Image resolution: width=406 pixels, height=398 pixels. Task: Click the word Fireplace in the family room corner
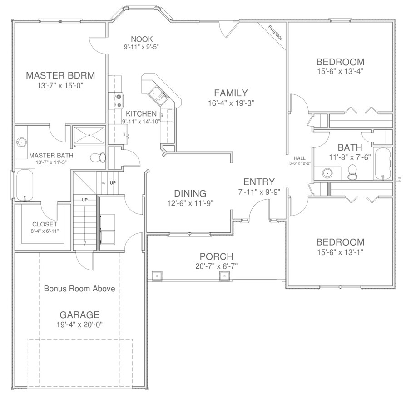tap(275, 33)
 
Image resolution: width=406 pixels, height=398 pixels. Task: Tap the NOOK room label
tap(141, 39)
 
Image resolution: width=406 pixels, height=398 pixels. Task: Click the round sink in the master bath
tap(21, 142)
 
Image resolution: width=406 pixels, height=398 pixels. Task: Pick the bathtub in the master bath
tap(24, 185)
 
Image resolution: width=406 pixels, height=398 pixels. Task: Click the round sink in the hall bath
tap(327, 173)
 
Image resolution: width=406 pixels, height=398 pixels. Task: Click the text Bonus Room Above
tap(79, 289)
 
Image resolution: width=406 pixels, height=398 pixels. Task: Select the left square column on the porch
tap(156, 275)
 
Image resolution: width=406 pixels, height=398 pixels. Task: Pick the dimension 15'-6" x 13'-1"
tap(340, 252)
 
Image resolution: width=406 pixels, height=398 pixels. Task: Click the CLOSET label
tap(45, 224)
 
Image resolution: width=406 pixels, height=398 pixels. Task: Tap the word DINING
tap(190, 193)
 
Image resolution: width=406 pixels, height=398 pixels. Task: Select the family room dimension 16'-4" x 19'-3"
tap(231, 103)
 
